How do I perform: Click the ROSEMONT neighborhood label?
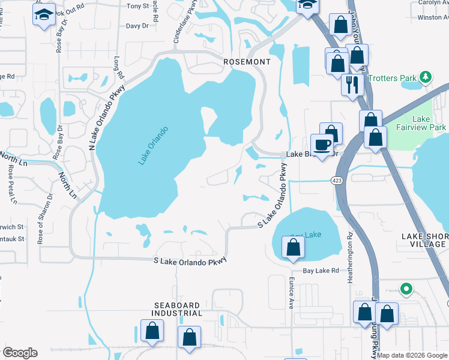(x=246, y=62)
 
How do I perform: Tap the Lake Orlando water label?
(x=153, y=145)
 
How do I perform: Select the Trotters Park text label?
(x=393, y=78)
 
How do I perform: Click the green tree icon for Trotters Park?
(x=426, y=77)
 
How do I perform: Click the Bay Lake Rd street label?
(x=321, y=271)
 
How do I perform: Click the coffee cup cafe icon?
(x=322, y=145)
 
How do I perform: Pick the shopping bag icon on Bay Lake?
(x=293, y=248)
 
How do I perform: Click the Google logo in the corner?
(x=20, y=353)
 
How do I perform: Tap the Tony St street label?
(x=138, y=6)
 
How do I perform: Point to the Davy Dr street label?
(x=137, y=26)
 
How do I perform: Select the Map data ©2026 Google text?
(x=412, y=355)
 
